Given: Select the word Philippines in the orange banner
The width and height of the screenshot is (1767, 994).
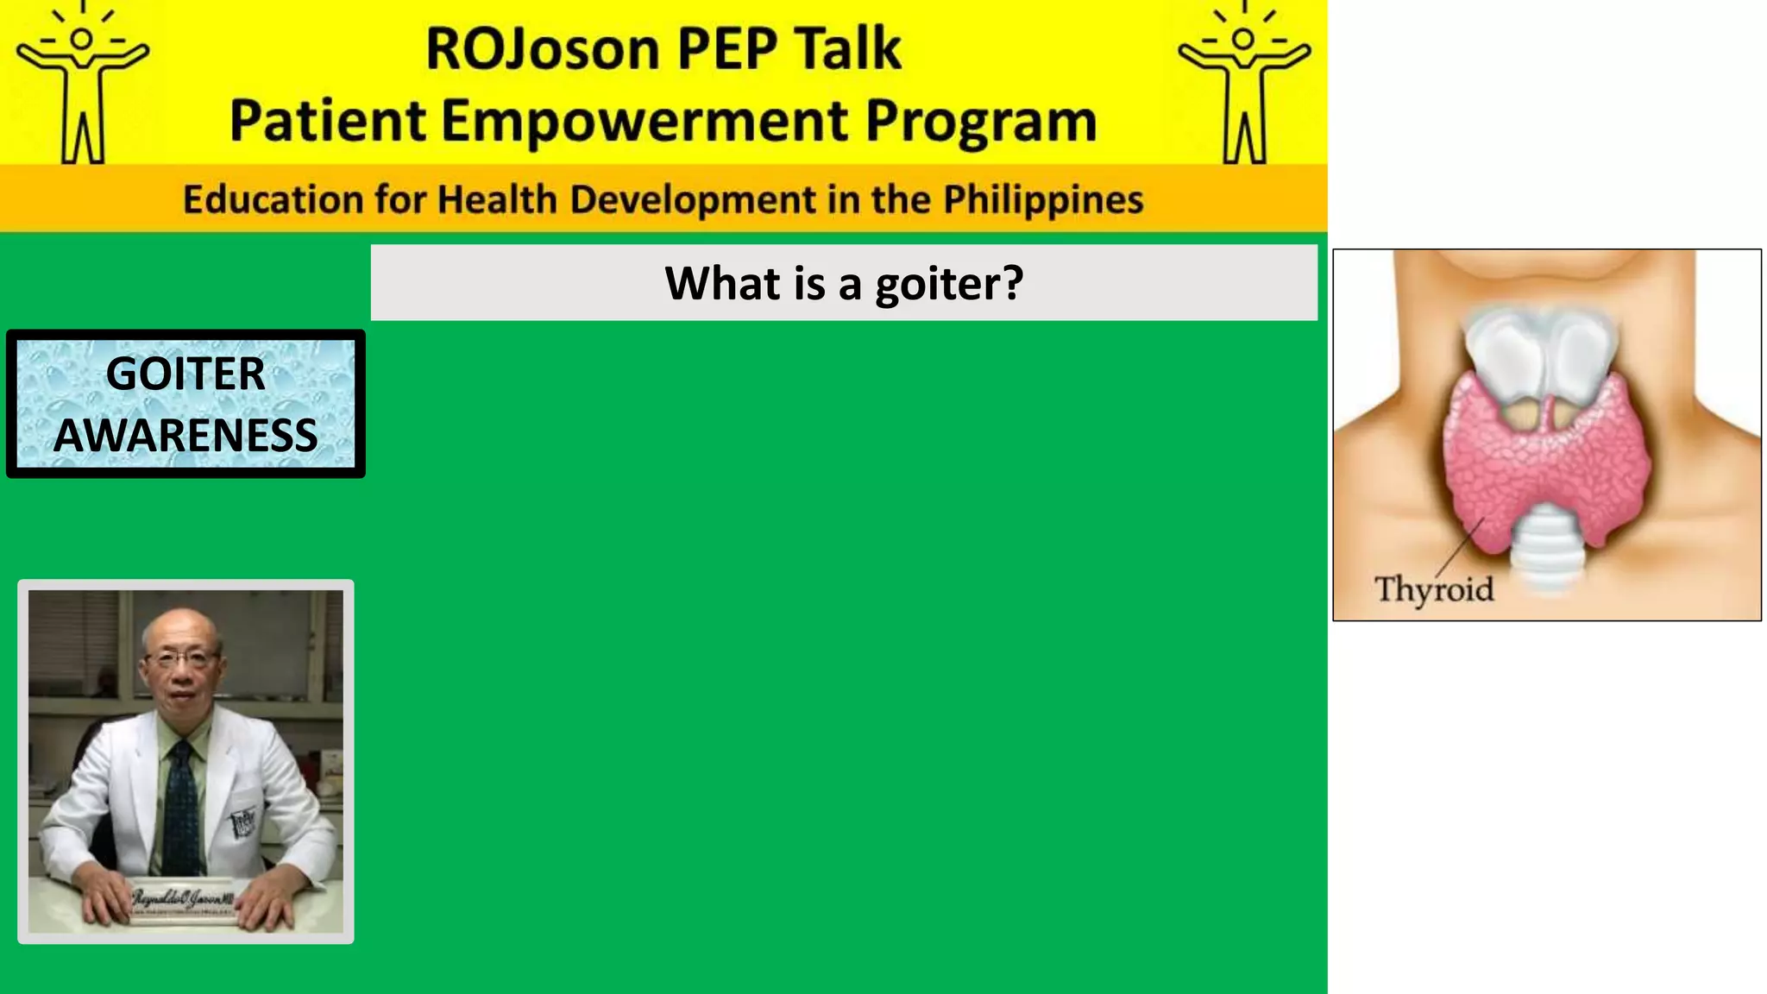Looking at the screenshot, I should (1042, 199).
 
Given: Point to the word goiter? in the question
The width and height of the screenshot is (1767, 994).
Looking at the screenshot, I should (948, 284).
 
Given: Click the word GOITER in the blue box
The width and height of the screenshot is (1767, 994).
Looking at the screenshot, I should (186, 374).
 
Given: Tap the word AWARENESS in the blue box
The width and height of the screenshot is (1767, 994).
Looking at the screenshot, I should (186, 435).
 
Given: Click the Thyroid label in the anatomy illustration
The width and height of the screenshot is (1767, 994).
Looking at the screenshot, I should (1433, 589).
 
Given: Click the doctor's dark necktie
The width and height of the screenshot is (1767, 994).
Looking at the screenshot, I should (181, 811).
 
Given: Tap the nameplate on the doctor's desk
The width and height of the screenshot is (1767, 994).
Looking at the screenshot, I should (183, 902).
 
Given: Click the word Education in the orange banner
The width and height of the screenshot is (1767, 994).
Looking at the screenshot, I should (272, 199).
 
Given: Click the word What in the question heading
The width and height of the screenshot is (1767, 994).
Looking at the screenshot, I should (721, 284).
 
